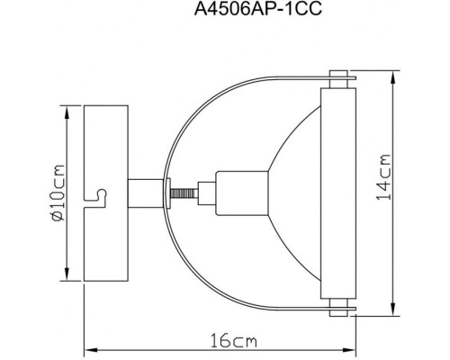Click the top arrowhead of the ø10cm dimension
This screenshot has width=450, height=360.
point(67,110)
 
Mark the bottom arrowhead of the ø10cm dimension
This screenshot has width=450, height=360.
point(67,274)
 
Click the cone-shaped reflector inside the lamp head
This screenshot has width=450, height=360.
point(288,192)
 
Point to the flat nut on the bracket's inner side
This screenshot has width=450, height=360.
point(171,192)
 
